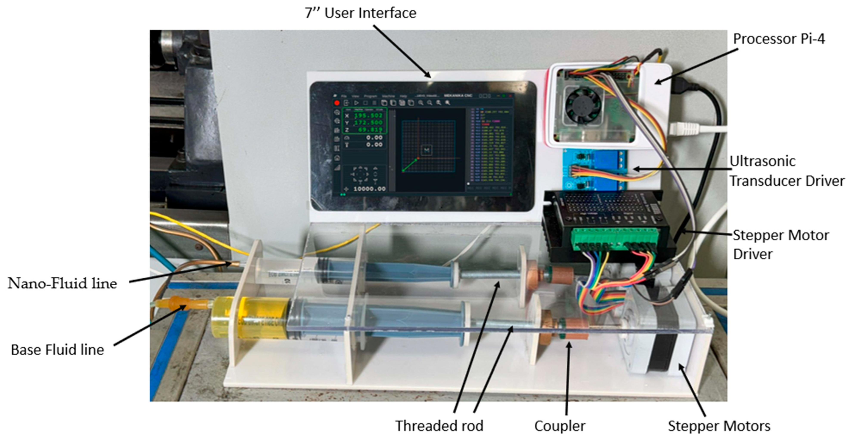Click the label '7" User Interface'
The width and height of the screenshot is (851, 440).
pyautogui.click(x=360, y=13)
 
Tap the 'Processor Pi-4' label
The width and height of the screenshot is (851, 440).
pyautogui.click(x=779, y=39)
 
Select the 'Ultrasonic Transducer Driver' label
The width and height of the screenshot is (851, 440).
pyautogui.click(x=786, y=171)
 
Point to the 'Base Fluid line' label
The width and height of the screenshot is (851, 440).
pyautogui.click(x=58, y=350)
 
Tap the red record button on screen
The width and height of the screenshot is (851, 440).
pyautogui.click(x=337, y=103)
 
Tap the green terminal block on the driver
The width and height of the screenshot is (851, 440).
pyautogui.click(x=615, y=238)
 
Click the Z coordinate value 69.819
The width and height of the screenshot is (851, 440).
pyautogui.click(x=370, y=129)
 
